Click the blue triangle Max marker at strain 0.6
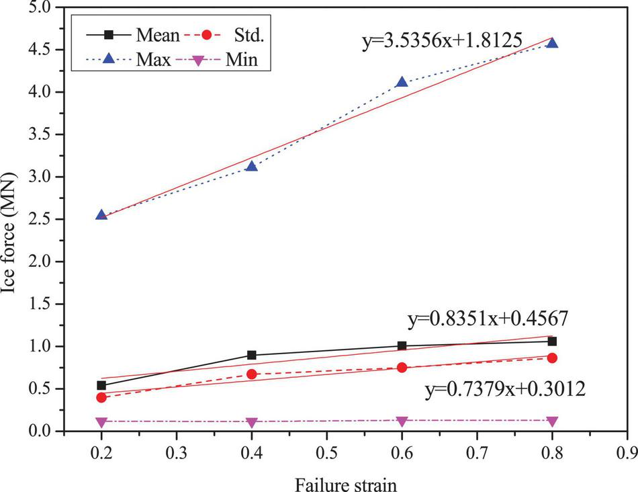click(402, 82)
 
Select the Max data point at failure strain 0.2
click(101, 215)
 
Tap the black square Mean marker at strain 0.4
click(252, 355)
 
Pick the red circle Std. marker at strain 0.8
click(552, 358)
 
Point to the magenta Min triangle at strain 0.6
click(402, 421)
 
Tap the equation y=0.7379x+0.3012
click(504, 388)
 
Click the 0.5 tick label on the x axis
click(327, 449)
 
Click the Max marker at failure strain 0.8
click(552, 43)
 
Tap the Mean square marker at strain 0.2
click(101, 385)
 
